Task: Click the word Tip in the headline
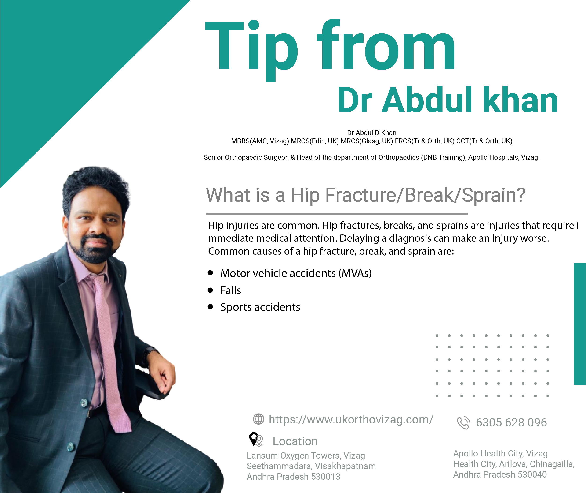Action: pos(251,50)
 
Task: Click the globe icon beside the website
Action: pos(258,419)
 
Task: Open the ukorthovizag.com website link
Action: pos(351,419)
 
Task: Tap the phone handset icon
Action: pos(463,423)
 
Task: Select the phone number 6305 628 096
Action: pos(511,422)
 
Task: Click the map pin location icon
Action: pos(255,440)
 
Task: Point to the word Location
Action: pos(295,441)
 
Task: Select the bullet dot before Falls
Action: pos(211,290)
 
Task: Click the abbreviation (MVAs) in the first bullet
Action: pos(355,273)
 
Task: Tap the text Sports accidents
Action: pos(260,307)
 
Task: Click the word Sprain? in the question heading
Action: pos(493,195)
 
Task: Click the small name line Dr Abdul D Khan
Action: pos(371,133)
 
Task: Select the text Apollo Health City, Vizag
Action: pos(500,453)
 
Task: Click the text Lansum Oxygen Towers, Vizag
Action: pos(306,456)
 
